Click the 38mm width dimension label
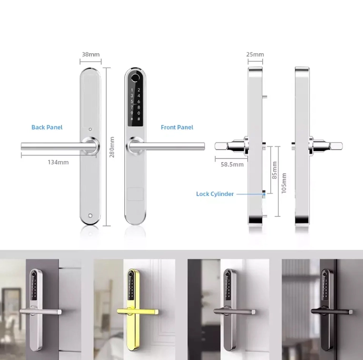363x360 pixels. [x=91, y=54]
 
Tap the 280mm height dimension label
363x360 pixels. [x=112, y=147]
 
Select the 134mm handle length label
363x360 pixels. [x=58, y=162]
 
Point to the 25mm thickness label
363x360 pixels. [x=255, y=54]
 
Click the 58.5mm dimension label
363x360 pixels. [x=232, y=165]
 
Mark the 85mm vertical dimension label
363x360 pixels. [x=275, y=170]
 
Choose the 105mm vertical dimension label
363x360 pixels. [x=284, y=183]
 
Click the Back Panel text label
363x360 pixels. [x=47, y=127]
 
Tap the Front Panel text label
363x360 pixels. [x=177, y=127]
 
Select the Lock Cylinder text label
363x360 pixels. [x=215, y=194]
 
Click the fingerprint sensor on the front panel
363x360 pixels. [x=135, y=78]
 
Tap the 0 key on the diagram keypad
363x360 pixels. [x=138, y=113]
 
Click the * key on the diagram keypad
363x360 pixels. [x=132, y=119]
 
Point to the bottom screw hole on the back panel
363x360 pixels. [x=90, y=216]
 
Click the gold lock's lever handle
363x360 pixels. [x=137, y=311]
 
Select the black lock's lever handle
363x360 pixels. [x=332, y=311]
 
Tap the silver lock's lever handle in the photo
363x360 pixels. [x=40, y=311]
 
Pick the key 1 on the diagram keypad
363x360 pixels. [x=132, y=90]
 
